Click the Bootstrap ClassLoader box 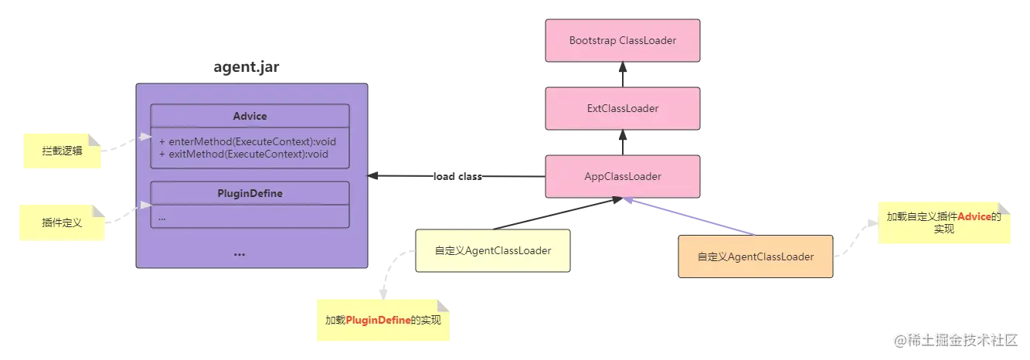coord(622,40)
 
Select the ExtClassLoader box coord(622,108)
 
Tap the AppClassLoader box coord(622,176)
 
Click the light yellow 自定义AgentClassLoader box coord(492,250)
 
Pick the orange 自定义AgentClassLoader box coord(755,256)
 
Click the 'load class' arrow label coord(457,177)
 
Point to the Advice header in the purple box coord(250,116)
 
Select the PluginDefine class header coord(250,193)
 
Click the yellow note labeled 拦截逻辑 coord(63,151)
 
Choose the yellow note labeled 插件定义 coord(62,222)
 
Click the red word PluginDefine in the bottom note coord(377,320)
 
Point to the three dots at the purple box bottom coord(239,253)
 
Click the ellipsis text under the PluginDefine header coord(162,218)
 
